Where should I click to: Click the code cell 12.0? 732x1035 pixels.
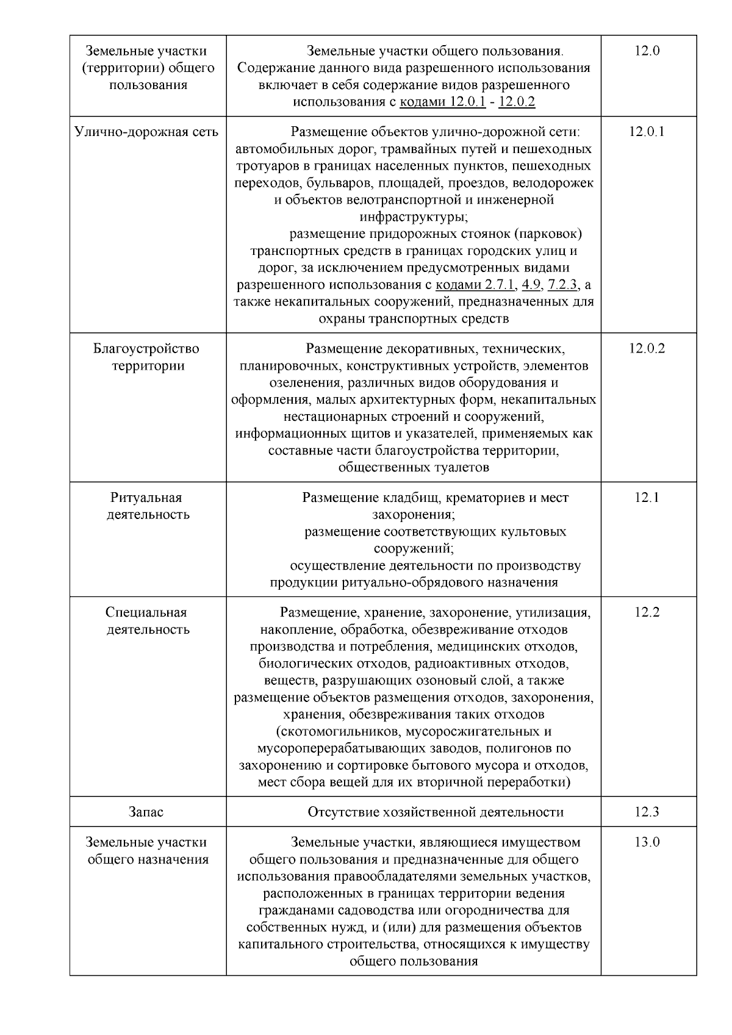point(647,51)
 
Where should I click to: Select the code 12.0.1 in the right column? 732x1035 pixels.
point(647,132)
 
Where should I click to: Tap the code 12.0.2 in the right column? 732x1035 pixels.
point(647,349)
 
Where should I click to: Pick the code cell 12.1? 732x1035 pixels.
point(647,498)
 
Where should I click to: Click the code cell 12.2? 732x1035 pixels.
point(647,612)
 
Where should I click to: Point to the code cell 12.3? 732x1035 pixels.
point(647,812)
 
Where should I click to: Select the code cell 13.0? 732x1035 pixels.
point(647,842)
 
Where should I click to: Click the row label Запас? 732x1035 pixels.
point(146,812)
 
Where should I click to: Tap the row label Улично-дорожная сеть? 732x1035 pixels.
point(146,132)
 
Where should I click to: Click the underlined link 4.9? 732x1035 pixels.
point(532,285)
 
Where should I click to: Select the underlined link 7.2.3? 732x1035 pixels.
point(563,285)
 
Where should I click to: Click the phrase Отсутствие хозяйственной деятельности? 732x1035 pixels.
point(436,812)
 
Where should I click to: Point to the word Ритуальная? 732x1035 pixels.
point(146,498)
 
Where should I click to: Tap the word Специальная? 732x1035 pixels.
point(146,612)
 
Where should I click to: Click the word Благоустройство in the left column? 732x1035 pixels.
point(146,349)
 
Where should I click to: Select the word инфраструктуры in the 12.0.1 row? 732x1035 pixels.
point(413,217)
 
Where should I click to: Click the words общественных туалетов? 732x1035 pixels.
point(413,468)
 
